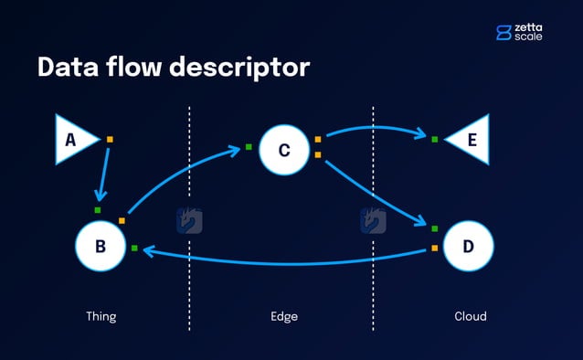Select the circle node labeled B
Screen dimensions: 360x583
100,246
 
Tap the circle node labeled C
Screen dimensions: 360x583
284,150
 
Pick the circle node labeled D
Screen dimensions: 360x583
469,246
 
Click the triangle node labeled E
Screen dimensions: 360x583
469,140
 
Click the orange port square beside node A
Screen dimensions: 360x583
110,140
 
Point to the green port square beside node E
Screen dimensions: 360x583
435,140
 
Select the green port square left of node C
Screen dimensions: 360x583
248,145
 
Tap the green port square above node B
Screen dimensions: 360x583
98,210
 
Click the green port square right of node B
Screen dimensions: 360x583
134,248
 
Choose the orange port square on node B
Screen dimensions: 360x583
122,220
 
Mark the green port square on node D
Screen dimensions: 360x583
435,228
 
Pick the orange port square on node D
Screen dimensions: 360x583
435,248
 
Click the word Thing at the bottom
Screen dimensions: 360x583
101,317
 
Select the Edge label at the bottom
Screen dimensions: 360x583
284,317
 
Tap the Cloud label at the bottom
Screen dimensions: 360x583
470,317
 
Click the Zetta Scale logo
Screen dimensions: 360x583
519,33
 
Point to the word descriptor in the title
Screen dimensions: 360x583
238,68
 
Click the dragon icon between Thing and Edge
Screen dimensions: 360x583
189,220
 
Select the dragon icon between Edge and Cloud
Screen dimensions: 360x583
373,220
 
